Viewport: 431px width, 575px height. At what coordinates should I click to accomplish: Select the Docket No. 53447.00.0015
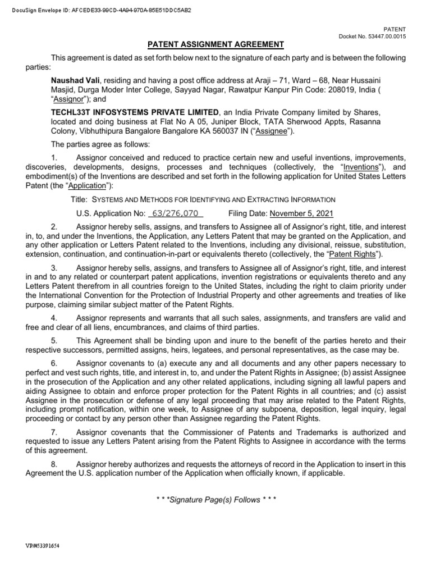point(372,36)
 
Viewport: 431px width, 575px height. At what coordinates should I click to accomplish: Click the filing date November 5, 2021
point(301,213)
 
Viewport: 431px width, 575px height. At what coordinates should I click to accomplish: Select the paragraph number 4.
point(53,318)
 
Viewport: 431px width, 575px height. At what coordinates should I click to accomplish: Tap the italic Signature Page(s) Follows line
point(215,500)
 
